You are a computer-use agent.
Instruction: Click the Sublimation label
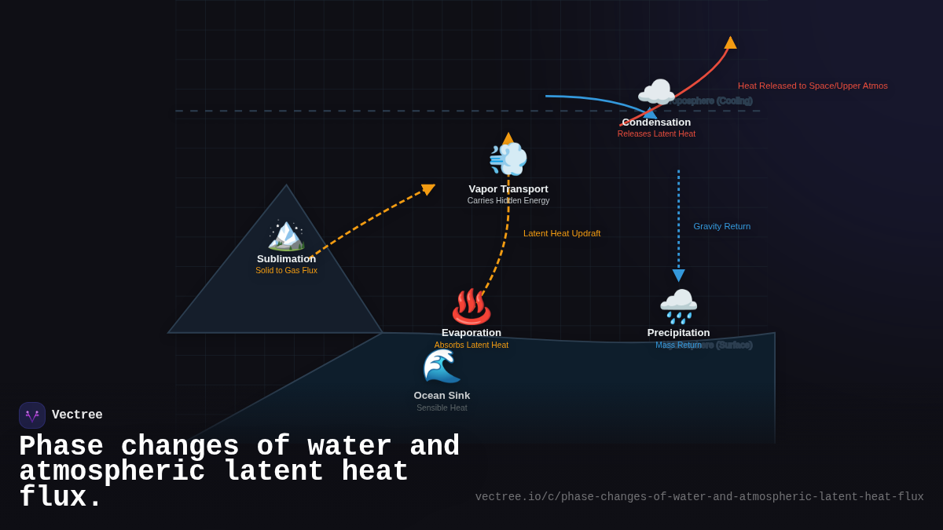click(x=286, y=259)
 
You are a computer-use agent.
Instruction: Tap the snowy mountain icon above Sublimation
click(x=286, y=235)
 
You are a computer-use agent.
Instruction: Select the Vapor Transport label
click(x=508, y=189)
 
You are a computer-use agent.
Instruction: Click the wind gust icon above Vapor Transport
click(x=508, y=159)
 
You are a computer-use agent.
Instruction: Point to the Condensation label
click(x=656, y=122)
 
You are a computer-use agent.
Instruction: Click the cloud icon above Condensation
click(x=655, y=93)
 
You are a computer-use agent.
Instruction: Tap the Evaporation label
click(x=472, y=333)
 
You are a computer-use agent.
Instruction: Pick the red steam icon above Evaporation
click(x=471, y=306)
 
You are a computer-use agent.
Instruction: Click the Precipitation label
click(x=678, y=333)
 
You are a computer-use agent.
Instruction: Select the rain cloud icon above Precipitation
click(x=678, y=305)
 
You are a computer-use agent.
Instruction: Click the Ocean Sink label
click(x=442, y=396)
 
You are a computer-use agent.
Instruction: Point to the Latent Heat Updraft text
click(x=562, y=233)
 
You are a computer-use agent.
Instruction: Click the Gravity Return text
click(x=721, y=226)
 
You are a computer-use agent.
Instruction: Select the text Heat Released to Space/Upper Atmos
click(x=813, y=86)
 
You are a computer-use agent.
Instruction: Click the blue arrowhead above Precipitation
click(x=678, y=275)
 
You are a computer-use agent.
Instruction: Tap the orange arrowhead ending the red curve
click(x=731, y=42)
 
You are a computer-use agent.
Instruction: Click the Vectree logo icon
click(x=32, y=415)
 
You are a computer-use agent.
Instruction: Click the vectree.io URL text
click(x=699, y=497)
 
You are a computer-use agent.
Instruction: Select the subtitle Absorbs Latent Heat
click(x=472, y=345)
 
